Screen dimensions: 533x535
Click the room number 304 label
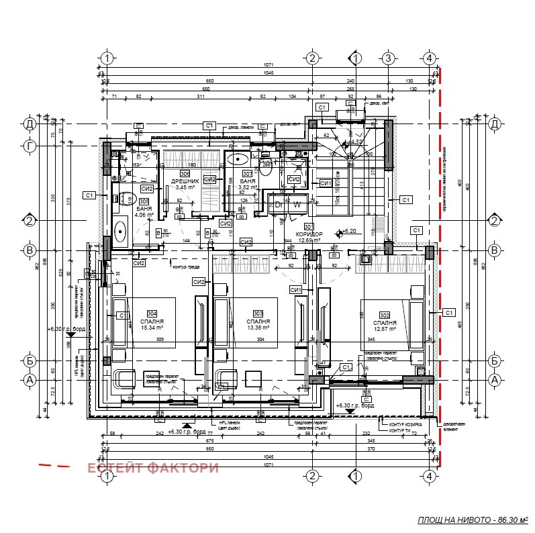click(152, 313)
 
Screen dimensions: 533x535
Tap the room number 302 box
click(385, 313)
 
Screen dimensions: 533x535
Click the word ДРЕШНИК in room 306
click(185, 181)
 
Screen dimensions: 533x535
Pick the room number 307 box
click(248, 173)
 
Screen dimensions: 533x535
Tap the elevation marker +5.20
click(348, 230)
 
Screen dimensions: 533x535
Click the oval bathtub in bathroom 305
click(121, 232)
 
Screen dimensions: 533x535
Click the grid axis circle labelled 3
click(387, 58)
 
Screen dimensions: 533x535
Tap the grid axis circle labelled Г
click(29, 146)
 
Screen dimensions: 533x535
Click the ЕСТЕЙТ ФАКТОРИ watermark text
click(154, 468)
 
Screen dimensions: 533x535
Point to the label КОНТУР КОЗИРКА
click(401, 424)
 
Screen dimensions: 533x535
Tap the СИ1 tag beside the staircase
click(326, 183)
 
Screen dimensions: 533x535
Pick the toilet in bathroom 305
click(126, 199)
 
